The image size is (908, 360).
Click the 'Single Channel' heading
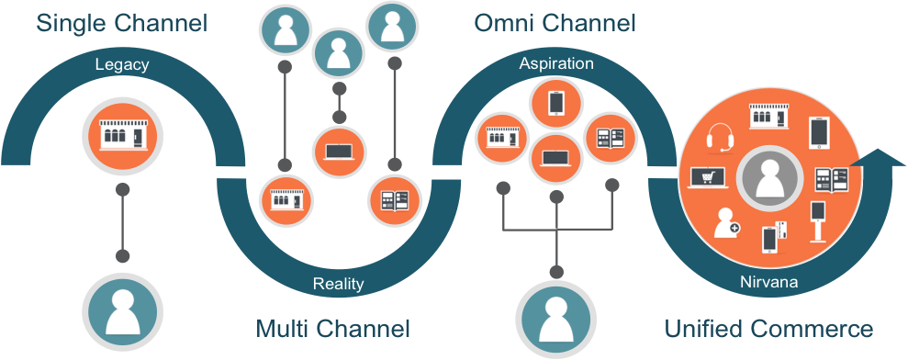coord(121,22)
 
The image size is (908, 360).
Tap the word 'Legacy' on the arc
coord(121,65)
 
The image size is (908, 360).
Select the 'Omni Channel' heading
coord(555,22)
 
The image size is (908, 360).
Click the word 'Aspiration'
coord(556,64)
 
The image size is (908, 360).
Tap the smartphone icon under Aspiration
coord(555,102)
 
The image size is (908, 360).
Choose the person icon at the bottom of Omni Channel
coord(555,316)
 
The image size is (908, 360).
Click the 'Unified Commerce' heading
coord(769,328)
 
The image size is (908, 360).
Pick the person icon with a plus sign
coord(726,221)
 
